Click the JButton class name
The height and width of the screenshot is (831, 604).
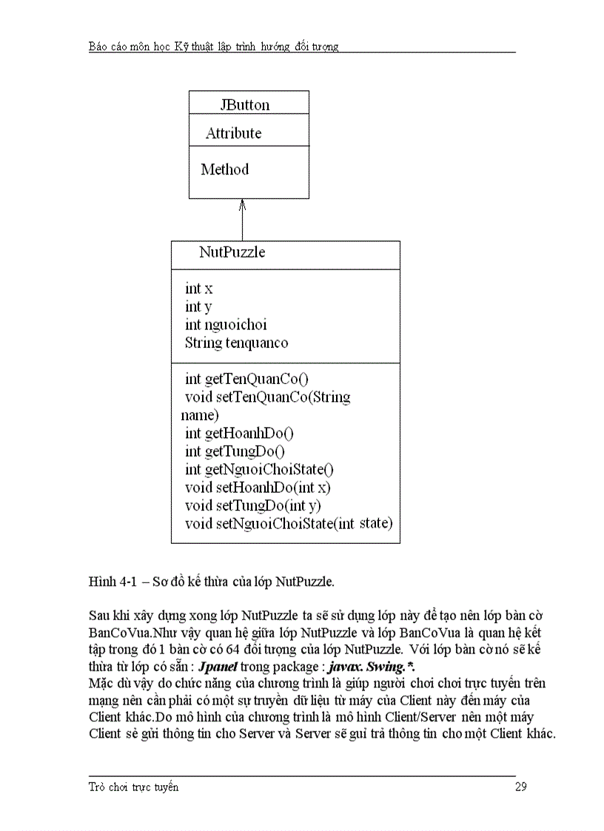(244, 105)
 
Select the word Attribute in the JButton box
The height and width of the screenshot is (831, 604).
(233, 133)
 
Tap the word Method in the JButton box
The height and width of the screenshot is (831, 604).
(224, 169)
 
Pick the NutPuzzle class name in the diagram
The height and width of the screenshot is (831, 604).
(232, 252)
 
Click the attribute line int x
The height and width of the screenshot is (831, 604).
(198, 289)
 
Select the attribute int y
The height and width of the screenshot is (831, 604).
(198, 306)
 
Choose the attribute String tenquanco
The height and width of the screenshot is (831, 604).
(236, 343)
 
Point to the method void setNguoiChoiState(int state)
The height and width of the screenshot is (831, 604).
(289, 524)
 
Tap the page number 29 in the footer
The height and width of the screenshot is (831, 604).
(520, 787)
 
